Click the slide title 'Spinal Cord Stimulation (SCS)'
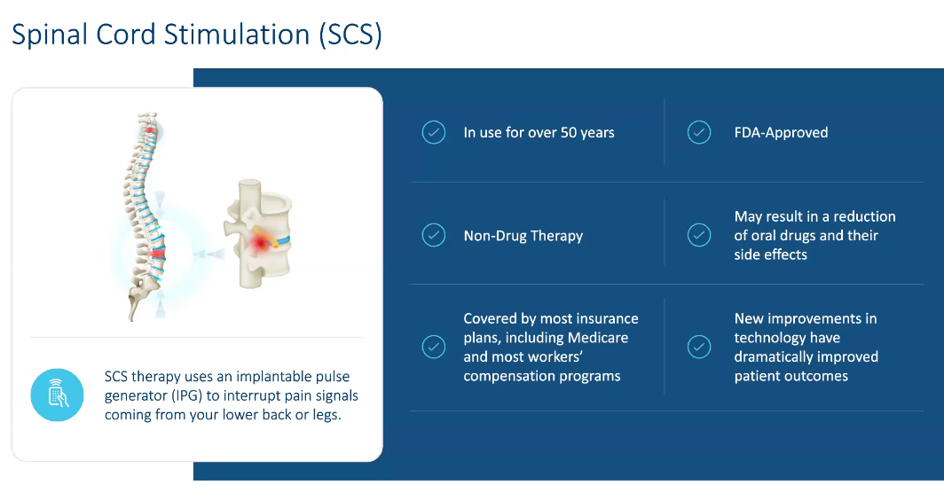pyautogui.click(x=196, y=35)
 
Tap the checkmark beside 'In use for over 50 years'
pyautogui.click(x=433, y=133)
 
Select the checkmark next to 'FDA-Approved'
pyautogui.click(x=699, y=133)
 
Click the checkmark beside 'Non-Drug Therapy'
pyautogui.click(x=433, y=236)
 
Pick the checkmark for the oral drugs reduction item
pyautogui.click(x=699, y=236)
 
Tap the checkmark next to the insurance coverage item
pyautogui.click(x=433, y=347)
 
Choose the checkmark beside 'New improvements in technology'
pyautogui.click(x=699, y=347)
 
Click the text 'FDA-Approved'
pyautogui.click(x=781, y=133)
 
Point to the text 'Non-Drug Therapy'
pyautogui.click(x=523, y=236)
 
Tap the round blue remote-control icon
pyautogui.click(x=57, y=394)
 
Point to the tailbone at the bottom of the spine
pyautogui.click(x=134, y=306)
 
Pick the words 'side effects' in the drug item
pyautogui.click(x=770, y=254)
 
